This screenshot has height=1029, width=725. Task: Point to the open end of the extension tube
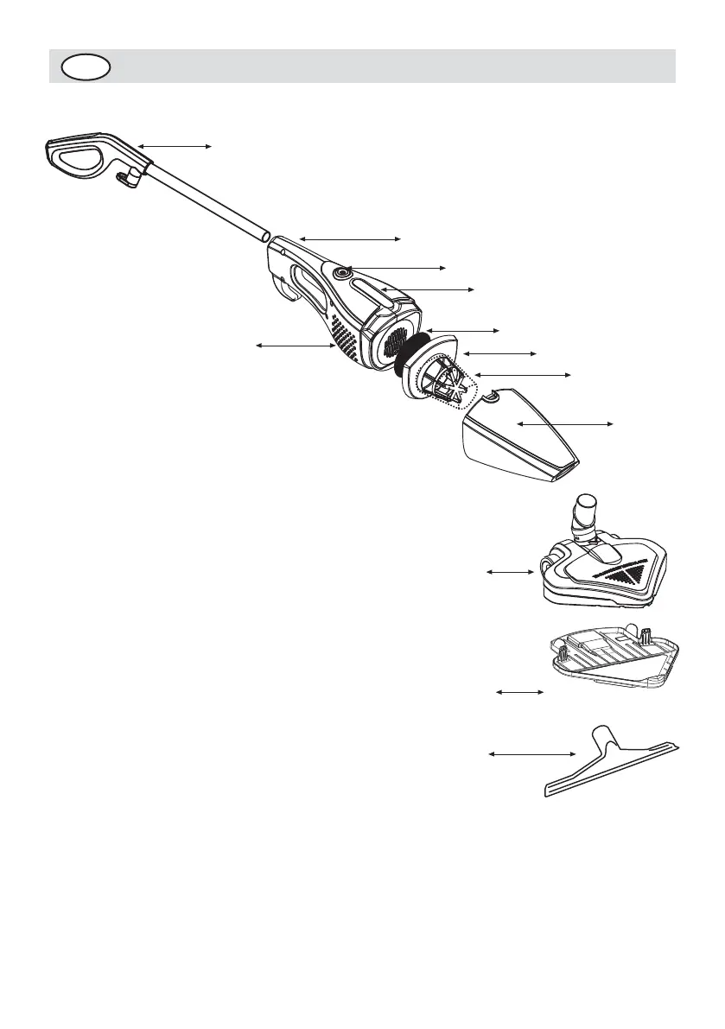[264, 234]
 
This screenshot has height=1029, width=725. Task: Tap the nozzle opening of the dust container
[563, 471]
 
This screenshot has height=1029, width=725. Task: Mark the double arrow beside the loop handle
[175, 147]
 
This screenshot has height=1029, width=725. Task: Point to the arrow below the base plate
[518, 692]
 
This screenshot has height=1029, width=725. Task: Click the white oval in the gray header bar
[86, 67]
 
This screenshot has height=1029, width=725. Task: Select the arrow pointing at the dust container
[564, 423]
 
